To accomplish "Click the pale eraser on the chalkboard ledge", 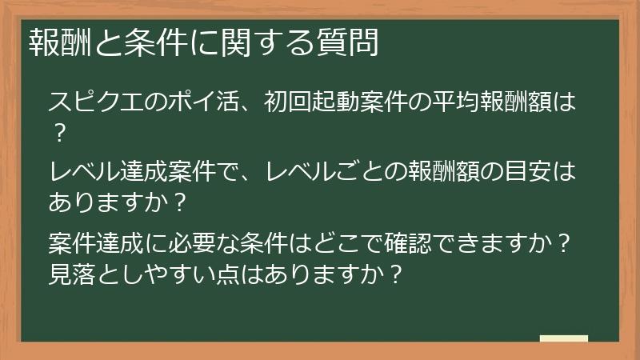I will pyautogui.click(x=563, y=338).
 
